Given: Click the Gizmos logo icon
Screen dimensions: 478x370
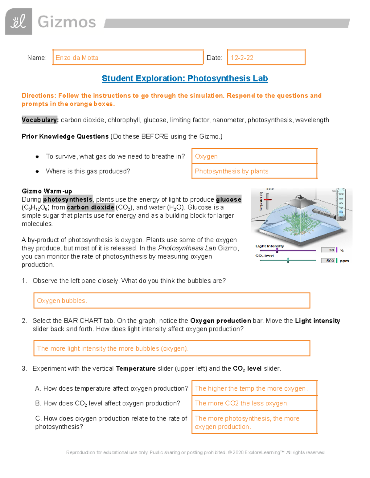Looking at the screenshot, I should pyautogui.click(x=18, y=22).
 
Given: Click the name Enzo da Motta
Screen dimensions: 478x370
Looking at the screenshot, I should pyautogui.click(x=77, y=58).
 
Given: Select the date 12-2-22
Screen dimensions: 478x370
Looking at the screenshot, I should pyautogui.click(x=242, y=58).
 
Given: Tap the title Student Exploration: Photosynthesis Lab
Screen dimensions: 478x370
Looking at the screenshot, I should pyautogui.click(x=185, y=78).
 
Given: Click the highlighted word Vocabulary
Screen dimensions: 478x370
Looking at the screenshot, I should pyautogui.click(x=40, y=120).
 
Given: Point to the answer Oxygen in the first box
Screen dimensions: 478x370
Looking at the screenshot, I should pyautogui.click(x=206, y=156).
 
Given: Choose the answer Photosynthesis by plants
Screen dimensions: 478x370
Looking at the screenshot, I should pyautogui.click(x=232, y=171).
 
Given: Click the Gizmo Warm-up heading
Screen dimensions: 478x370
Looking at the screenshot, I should pyautogui.click(x=47, y=191).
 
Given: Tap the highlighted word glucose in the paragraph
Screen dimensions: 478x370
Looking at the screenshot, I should pyautogui.click(x=228, y=199).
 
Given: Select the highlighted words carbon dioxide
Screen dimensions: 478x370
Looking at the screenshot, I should pyautogui.click(x=90, y=207).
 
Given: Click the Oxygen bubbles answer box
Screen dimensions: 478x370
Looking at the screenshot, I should pyautogui.click(x=171, y=301).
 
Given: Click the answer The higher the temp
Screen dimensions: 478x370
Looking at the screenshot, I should pyautogui.click(x=251, y=388).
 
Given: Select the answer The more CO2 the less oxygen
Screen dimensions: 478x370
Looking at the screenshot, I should pyautogui.click(x=242, y=403).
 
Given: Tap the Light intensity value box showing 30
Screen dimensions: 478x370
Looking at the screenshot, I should pyautogui.click(x=328, y=250).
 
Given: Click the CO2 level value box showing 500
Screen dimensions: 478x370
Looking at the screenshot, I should pyautogui.click(x=328, y=261).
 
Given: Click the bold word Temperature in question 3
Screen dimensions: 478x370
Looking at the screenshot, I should pyautogui.click(x=136, y=369).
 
